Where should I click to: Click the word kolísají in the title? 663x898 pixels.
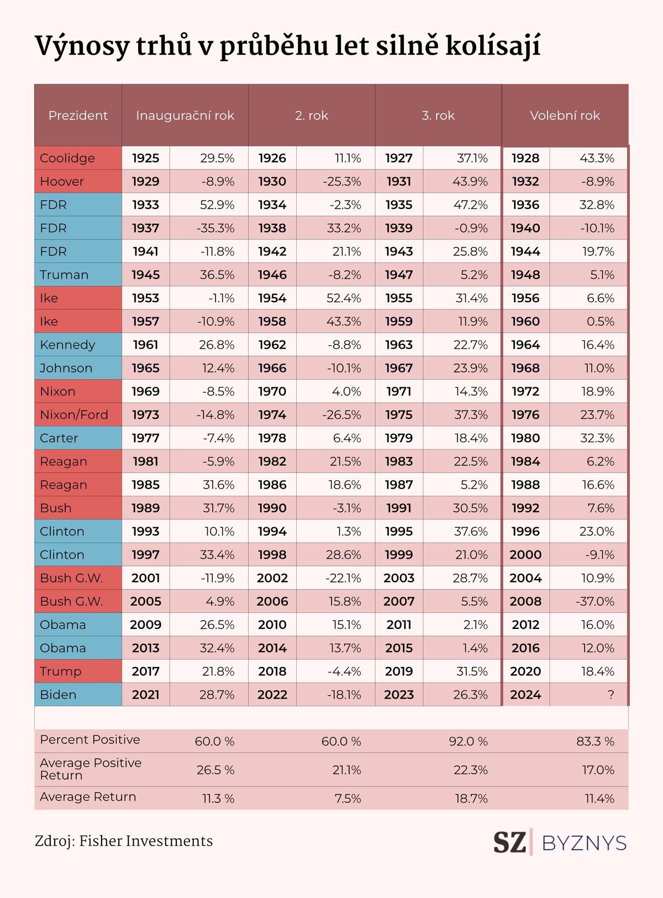coord(493,46)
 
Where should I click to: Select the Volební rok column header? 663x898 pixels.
coord(565,115)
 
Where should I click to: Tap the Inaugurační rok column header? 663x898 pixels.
coord(185,115)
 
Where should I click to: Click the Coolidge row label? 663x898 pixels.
coord(67,158)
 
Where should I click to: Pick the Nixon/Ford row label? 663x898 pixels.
coord(74,414)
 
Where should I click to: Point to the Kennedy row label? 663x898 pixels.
coord(67,344)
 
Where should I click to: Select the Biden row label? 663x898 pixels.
coord(58,694)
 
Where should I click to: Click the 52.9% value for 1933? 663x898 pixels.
coord(217,204)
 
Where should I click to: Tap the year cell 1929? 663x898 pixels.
coord(145,181)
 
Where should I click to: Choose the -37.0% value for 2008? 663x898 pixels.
coord(594,601)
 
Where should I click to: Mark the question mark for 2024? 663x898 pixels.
coord(611,694)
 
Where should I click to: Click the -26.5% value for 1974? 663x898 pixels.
coord(341,414)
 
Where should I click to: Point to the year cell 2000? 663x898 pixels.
coord(525,555)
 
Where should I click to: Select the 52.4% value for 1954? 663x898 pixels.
coord(344,298)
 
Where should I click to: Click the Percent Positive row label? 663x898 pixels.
coord(90,739)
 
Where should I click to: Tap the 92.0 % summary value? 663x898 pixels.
coord(469,741)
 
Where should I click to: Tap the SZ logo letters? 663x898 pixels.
coord(509,843)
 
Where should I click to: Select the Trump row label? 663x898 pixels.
coord(60,671)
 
